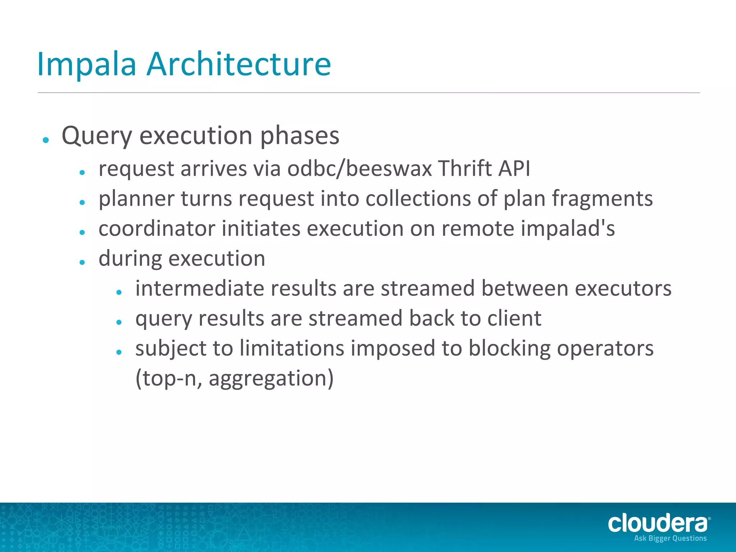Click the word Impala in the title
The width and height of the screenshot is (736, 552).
[87, 65]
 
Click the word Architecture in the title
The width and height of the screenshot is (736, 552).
[239, 65]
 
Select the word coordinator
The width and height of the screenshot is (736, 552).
[157, 229]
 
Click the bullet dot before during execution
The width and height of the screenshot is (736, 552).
[82, 262]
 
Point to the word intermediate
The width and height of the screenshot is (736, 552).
[200, 289]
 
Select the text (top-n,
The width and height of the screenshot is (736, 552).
[169, 379]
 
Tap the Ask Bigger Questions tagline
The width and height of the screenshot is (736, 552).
[670, 538]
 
